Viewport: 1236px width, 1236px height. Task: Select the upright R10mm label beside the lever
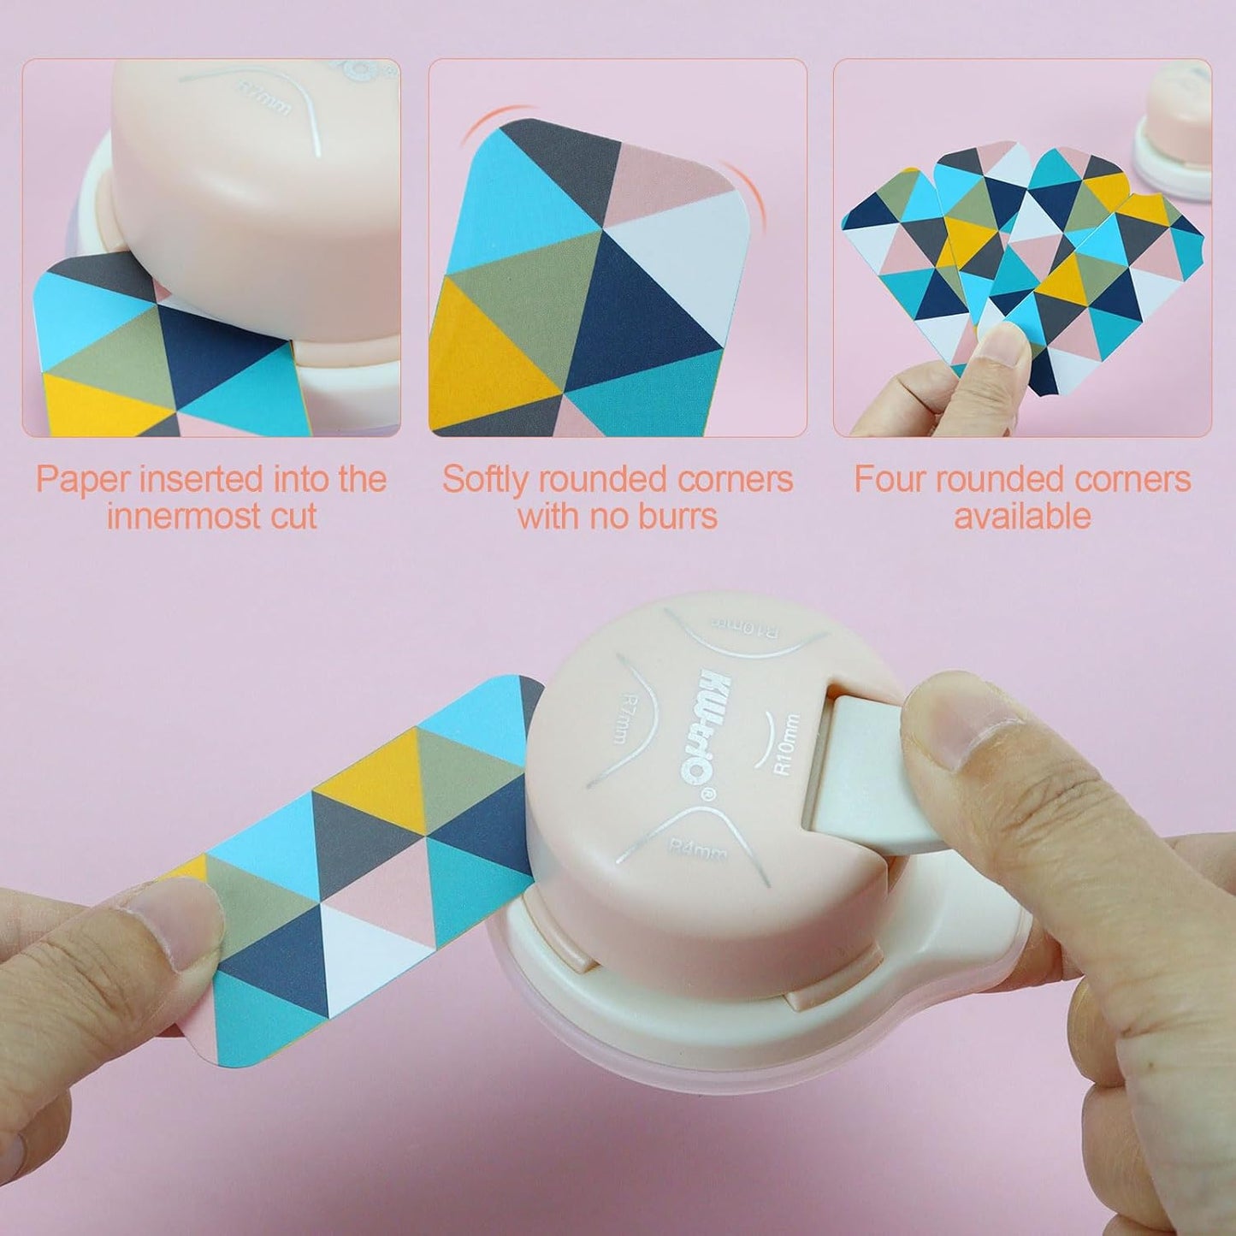[785, 744]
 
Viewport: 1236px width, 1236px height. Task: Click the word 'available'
[1022, 517]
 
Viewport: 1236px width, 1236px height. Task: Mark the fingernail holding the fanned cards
[1003, 347]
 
